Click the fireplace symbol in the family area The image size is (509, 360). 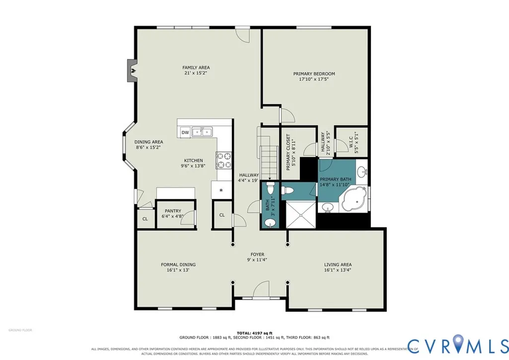tap(132, 70)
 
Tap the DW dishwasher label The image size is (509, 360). tap(185, 133)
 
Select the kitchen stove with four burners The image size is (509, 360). tap(224, 160)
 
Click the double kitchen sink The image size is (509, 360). tap(202, 132)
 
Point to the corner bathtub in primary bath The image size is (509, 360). tap(354, 198)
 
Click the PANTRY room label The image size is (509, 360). tap(173, 211)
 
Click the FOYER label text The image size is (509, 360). tap(257, 255)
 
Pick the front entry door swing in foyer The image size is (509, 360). tap(261, 289)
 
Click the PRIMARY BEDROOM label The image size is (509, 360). tap(314, 73)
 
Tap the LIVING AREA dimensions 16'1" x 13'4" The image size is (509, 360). tap(338, 270)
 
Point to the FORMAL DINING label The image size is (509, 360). tap(178, 265)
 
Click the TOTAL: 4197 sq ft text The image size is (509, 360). tap(254, 333)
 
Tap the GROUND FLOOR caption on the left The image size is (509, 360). tap(20, 330)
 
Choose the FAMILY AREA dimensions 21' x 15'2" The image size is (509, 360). tap(196, 73)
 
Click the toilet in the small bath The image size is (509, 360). tap(270, 188)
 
